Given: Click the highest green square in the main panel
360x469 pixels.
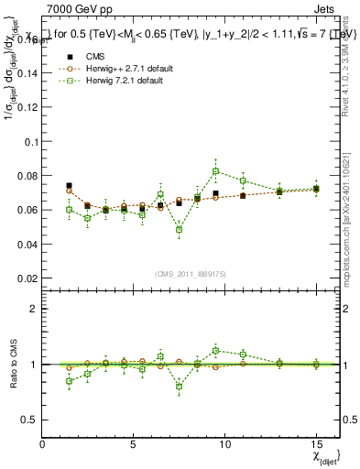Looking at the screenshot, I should pos(215,171).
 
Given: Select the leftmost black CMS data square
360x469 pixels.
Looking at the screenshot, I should pos(70,186).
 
